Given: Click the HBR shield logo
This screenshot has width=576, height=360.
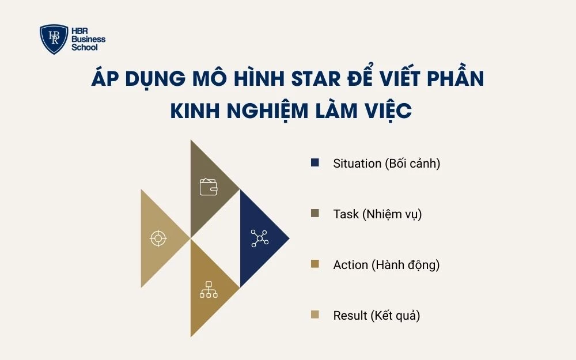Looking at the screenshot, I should pyautogui.click(x=54, y=39).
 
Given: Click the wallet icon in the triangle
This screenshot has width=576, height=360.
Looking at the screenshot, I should pyautogui.click(x=209, y=187).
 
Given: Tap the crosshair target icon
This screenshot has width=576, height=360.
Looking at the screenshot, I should pyautogui.click(x=158, y=238).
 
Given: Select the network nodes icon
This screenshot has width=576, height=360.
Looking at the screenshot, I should pyautogui.click(x=259, y=238).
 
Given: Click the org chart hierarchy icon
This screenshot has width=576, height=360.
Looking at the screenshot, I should pyautogui.click(x=209, y=289).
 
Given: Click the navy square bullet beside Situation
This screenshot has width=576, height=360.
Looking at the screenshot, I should pyautogui.click(x=314, y=163).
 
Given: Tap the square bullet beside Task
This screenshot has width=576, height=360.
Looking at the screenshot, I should pyautogui.click(x=314, y=214).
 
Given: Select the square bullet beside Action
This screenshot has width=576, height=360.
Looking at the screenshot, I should pyautogui.click(x=314, y=264).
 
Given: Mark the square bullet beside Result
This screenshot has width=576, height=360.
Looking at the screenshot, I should pyautogui.click(x=314, y=315).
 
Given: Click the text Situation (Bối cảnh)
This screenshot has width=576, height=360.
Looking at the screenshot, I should pyautogui.click(x=386, y=164).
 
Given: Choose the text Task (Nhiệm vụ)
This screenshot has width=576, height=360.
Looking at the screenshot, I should pyautogui.click(x=377, y=214).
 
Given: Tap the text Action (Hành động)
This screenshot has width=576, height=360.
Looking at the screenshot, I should pyautogui.click(x=386, y=265).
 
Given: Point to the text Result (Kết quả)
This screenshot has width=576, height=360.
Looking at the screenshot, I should pyautogui.click(x=377, y=316).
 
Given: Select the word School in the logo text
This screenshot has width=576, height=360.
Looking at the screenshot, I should pyautogui.click(x=85, y=47).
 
